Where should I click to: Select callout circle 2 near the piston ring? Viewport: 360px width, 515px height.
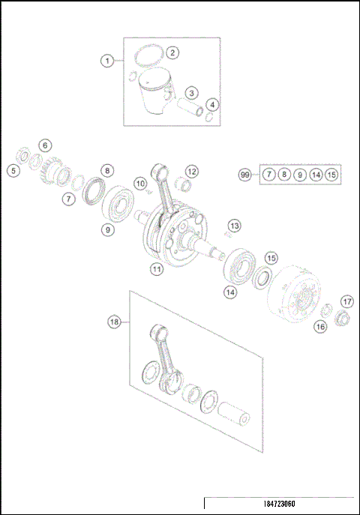tap(172, 52)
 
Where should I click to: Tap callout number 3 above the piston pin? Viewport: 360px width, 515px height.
tap(192, 93)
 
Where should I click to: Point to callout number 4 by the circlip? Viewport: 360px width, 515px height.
tap(213, 104)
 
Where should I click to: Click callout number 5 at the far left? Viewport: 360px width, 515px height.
tap(13, 171)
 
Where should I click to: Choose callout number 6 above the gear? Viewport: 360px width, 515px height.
tap(45, 145)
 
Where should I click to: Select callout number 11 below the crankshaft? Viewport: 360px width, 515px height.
tap(155, 268)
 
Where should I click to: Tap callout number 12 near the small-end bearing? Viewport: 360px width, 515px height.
tap(192, 172)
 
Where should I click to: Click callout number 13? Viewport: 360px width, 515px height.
tap(235, 226)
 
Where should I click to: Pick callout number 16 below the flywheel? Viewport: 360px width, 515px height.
tap(320, 326)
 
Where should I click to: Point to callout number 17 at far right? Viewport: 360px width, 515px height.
tap(346, 301)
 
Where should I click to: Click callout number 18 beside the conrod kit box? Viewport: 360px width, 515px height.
tap(114, 322)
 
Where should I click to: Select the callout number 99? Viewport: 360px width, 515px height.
tap(244, 175)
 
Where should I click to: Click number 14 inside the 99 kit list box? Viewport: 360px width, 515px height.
tap(316, 175)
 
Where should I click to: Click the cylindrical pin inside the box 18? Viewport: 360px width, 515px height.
tap(235, 415)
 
